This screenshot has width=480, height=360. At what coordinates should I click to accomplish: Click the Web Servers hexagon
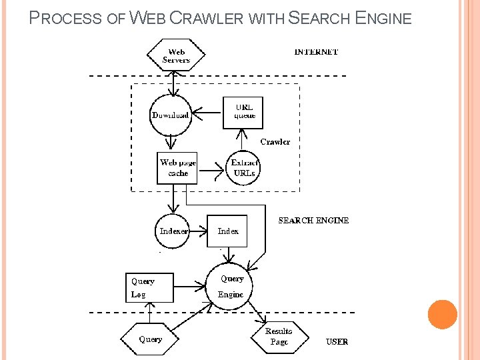click(176, 56)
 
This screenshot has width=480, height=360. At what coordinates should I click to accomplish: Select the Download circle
click(171, 115)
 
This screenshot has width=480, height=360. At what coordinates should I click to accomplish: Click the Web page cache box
click(177, 168)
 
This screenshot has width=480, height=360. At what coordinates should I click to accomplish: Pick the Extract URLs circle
click(244, 167)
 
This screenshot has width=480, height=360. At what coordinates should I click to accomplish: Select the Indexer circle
click(173, 231)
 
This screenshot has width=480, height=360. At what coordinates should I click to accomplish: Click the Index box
click(227, 231)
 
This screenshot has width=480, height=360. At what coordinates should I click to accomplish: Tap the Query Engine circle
click(231, 287)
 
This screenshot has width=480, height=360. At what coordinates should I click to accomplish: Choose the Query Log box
click(149, 288)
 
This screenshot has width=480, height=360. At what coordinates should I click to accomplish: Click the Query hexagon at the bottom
click(150, 339)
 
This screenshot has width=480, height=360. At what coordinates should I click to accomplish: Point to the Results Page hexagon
click(279, 336)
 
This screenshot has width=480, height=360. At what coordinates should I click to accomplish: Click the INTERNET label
click(316, 52)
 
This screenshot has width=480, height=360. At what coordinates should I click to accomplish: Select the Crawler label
click(275, 142)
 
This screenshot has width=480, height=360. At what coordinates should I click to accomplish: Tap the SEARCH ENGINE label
click(313, 221)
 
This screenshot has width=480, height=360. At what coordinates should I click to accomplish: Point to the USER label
click(337, 342)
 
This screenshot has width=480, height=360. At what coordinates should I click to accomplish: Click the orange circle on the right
click(442, 314)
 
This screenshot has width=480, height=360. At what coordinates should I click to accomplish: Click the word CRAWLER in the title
click(207, 19)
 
